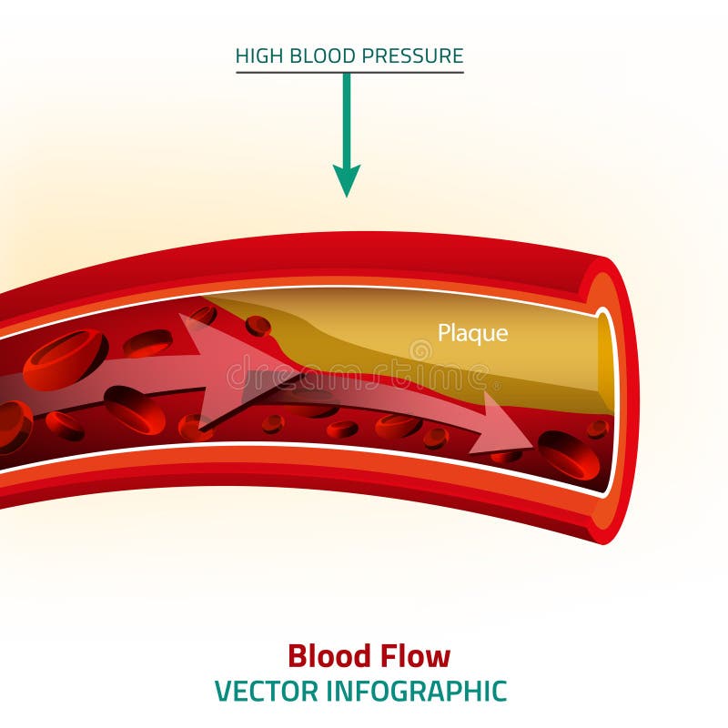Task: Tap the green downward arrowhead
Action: [346, 179]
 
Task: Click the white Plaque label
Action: [472, 333]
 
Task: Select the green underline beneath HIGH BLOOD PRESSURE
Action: [349, 72]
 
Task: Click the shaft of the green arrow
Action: [346, 118]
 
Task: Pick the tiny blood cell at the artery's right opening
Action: [598, 428]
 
